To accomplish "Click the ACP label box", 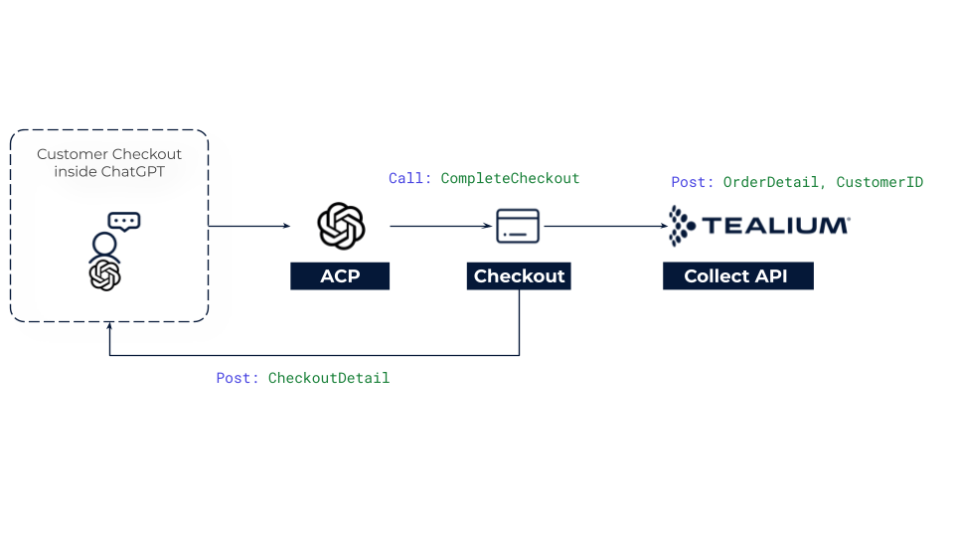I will click(339, 276).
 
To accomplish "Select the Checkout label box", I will click(519, 276).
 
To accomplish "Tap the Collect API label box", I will click(737, 276).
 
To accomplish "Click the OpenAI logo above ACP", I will click(341, 226).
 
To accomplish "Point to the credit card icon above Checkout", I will click(518, 227).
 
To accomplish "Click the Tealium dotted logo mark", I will click(681, 226).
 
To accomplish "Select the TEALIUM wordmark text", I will click(775, 226).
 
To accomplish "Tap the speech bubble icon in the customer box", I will click(124, 222).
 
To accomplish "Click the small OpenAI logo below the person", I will click(104, 274).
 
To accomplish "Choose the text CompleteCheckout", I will click(510, 178).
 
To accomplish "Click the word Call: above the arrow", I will click(409, 178).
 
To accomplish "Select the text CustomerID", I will click(879, 182).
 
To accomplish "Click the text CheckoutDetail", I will click(329, 378).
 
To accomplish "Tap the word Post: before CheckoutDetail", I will click(238, 378).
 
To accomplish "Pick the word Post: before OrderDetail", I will click(693, 182).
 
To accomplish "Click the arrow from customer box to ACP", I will click(249, 227).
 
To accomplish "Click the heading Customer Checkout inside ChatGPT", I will click(109, 163).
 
